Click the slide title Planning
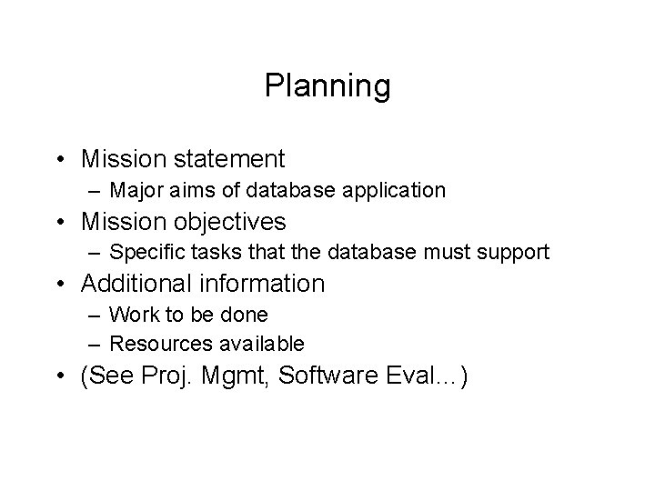(327, 86)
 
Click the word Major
(135, 190)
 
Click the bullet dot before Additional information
(65, 285)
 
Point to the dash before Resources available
(96, 345)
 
